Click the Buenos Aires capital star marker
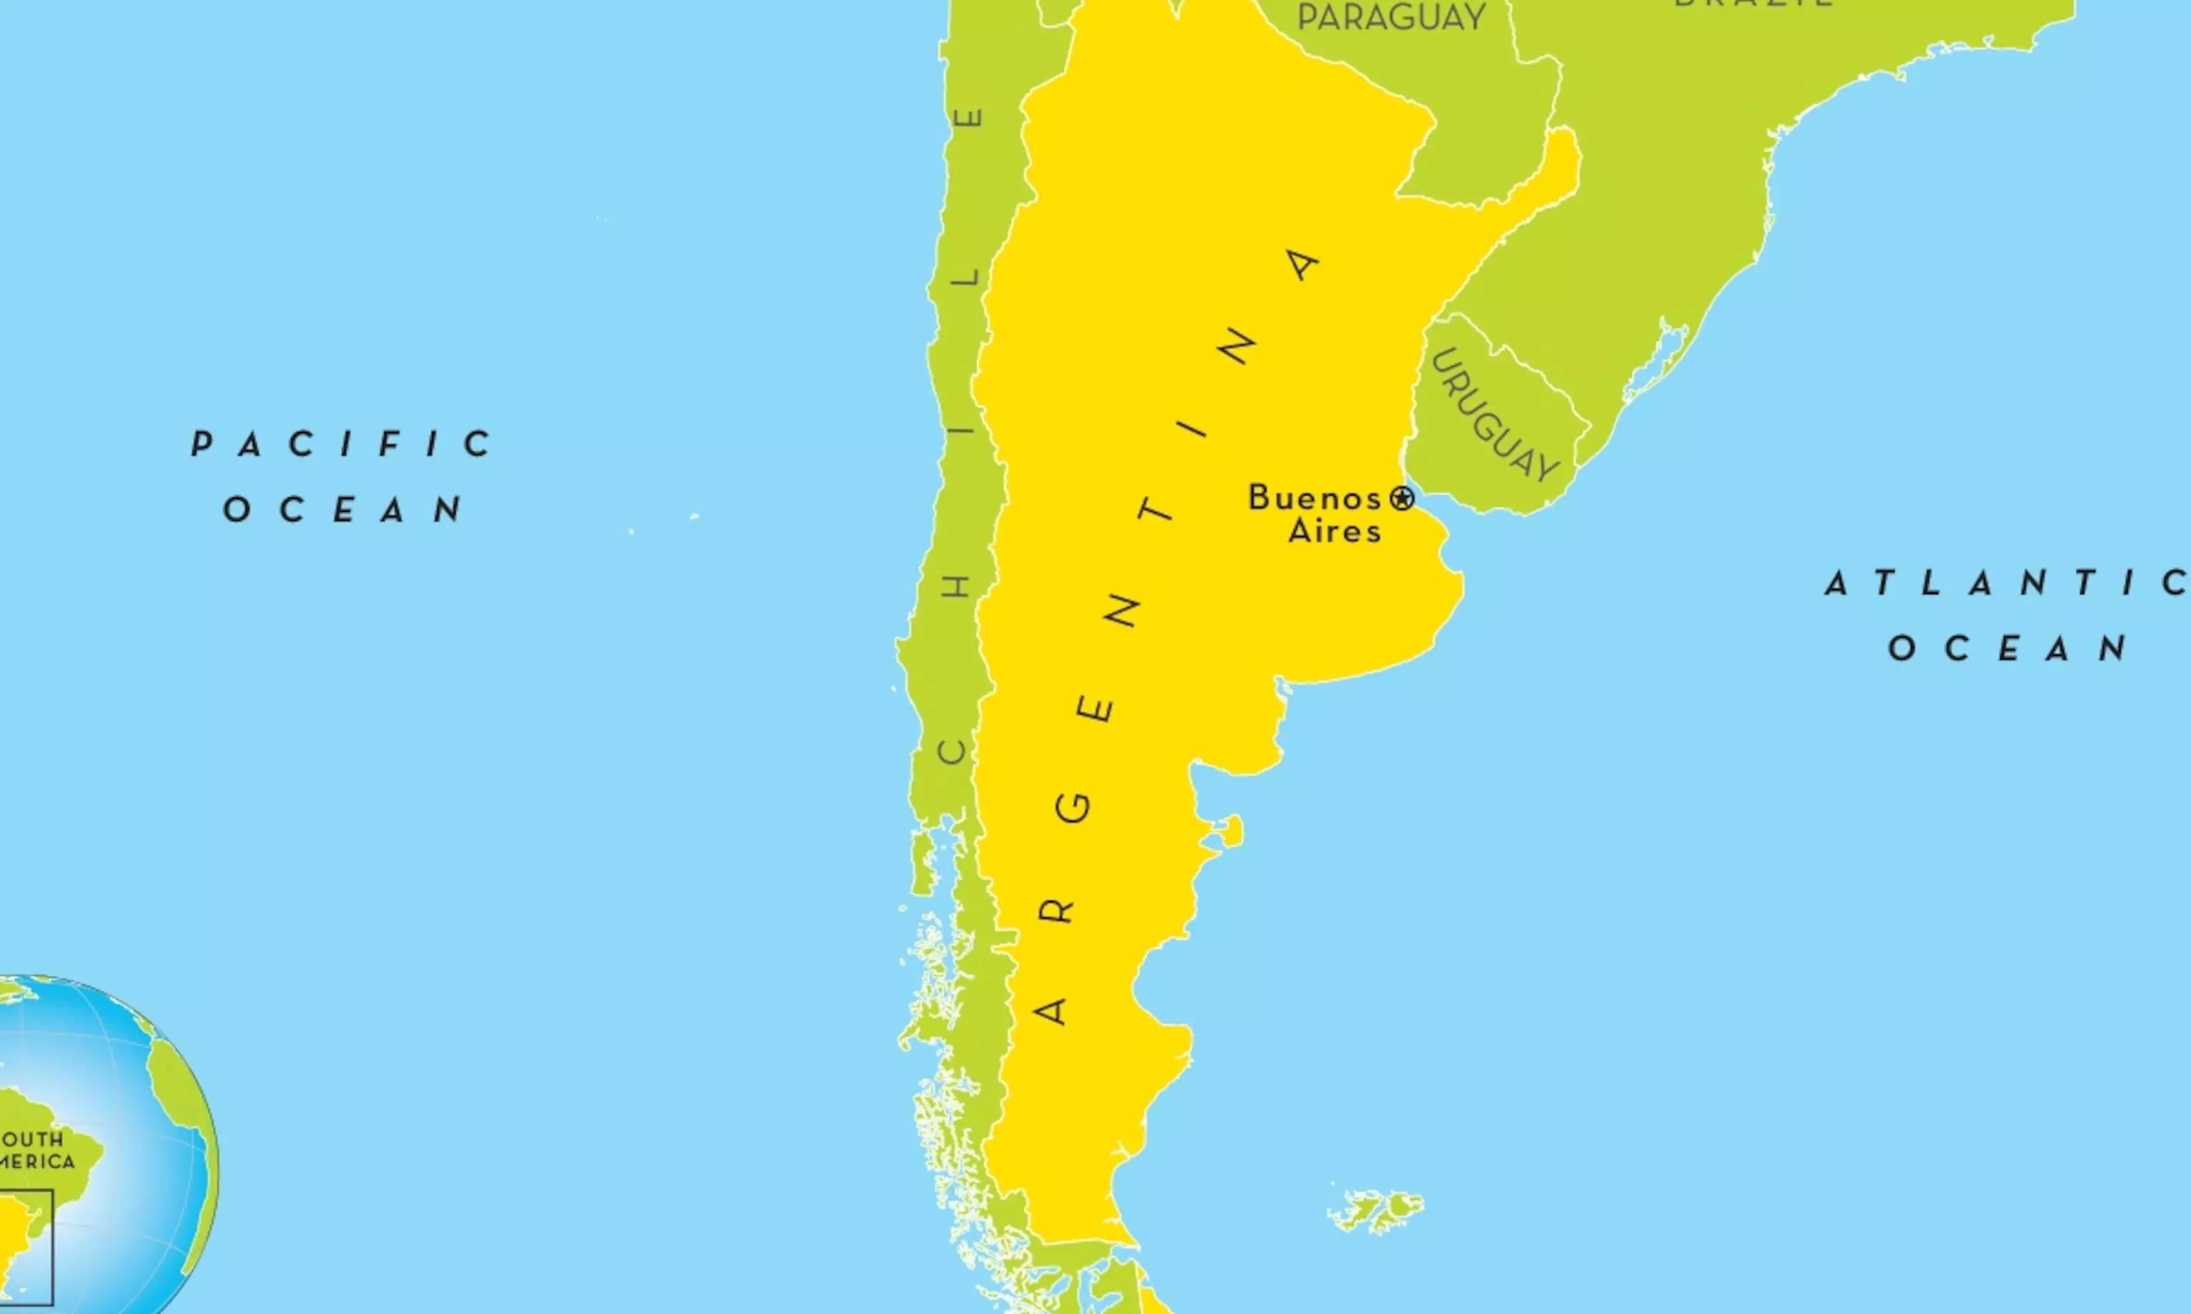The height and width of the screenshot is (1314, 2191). (x=1401, y=498)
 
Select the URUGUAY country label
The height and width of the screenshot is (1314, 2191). (x=1496, y=415)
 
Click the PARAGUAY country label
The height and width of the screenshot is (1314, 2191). (x=1391, y=18)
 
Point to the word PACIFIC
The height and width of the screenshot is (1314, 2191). (x=342, y=443)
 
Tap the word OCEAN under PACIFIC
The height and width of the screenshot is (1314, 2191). (x=344, y=509)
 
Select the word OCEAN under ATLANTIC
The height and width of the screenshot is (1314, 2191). (x=2008, y=648)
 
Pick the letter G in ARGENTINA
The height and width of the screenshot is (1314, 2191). (x=1075, y=808)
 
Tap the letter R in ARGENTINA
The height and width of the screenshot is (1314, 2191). (x=1056, y=911)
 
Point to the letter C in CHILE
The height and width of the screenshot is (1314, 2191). (x=954, y=751)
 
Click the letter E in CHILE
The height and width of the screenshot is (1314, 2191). (x=972, y=117)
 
